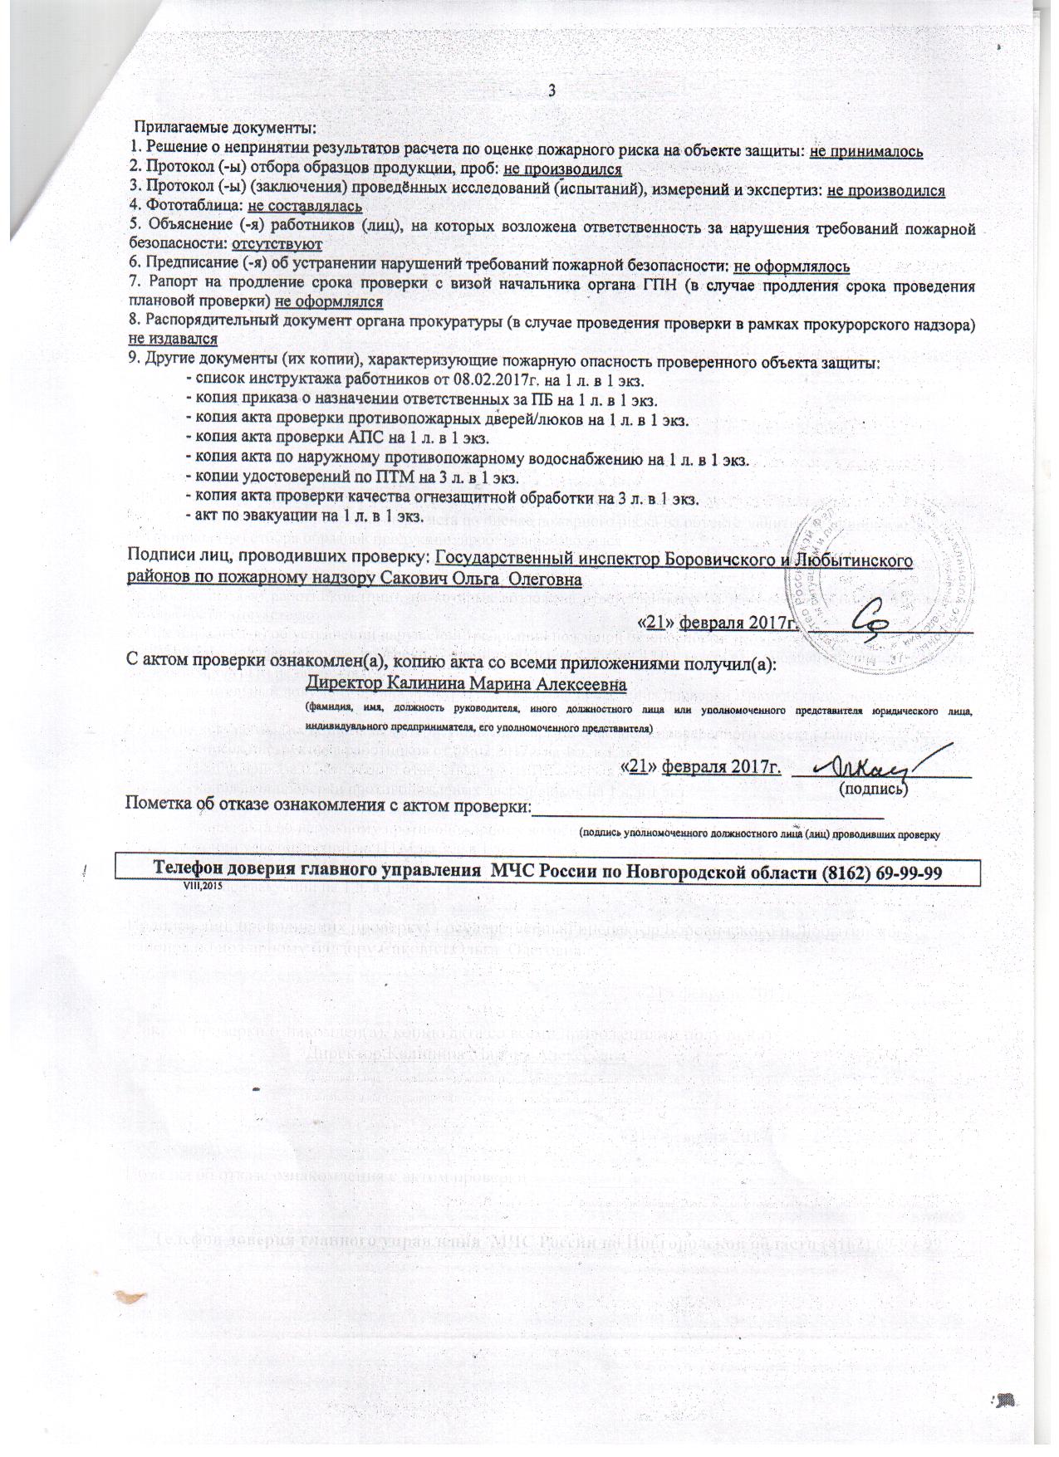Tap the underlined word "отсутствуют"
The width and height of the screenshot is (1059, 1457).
[x=277, y=244]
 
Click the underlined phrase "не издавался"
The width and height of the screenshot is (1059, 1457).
[x=173, y=339]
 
